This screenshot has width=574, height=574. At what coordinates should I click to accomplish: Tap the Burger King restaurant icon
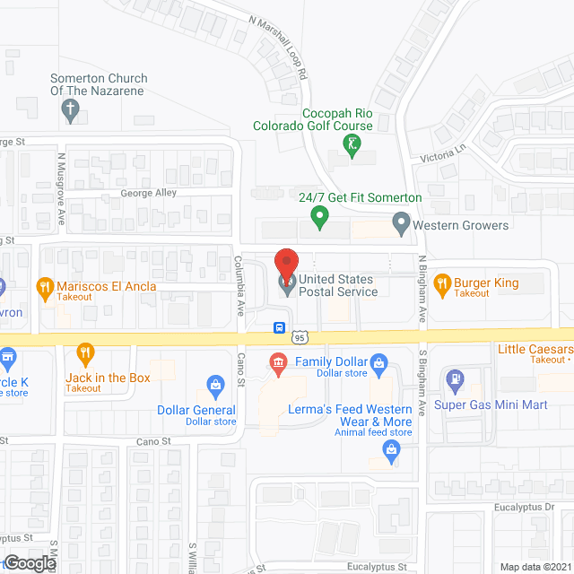[441, 285]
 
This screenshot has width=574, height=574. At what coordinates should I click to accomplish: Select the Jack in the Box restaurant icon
[85, 352]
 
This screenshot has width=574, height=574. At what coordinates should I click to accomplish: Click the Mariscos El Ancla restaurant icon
[43, 287]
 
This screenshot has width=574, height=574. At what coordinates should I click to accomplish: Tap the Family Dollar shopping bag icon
[378, 363]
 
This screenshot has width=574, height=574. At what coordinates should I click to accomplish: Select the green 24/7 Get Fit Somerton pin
[317, 216]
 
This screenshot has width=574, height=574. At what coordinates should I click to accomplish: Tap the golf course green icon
[354, 143]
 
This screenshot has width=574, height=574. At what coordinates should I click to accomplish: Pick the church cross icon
[70, 110]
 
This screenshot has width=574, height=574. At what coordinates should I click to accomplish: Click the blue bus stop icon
[280, 326]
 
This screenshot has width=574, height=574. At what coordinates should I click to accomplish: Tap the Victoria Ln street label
[444, 152]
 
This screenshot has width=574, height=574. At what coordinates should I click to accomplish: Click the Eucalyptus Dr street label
[525, 507]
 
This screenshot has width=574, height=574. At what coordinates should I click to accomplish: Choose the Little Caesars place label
[535, 349]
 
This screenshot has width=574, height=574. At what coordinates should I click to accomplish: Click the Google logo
[29, 562]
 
